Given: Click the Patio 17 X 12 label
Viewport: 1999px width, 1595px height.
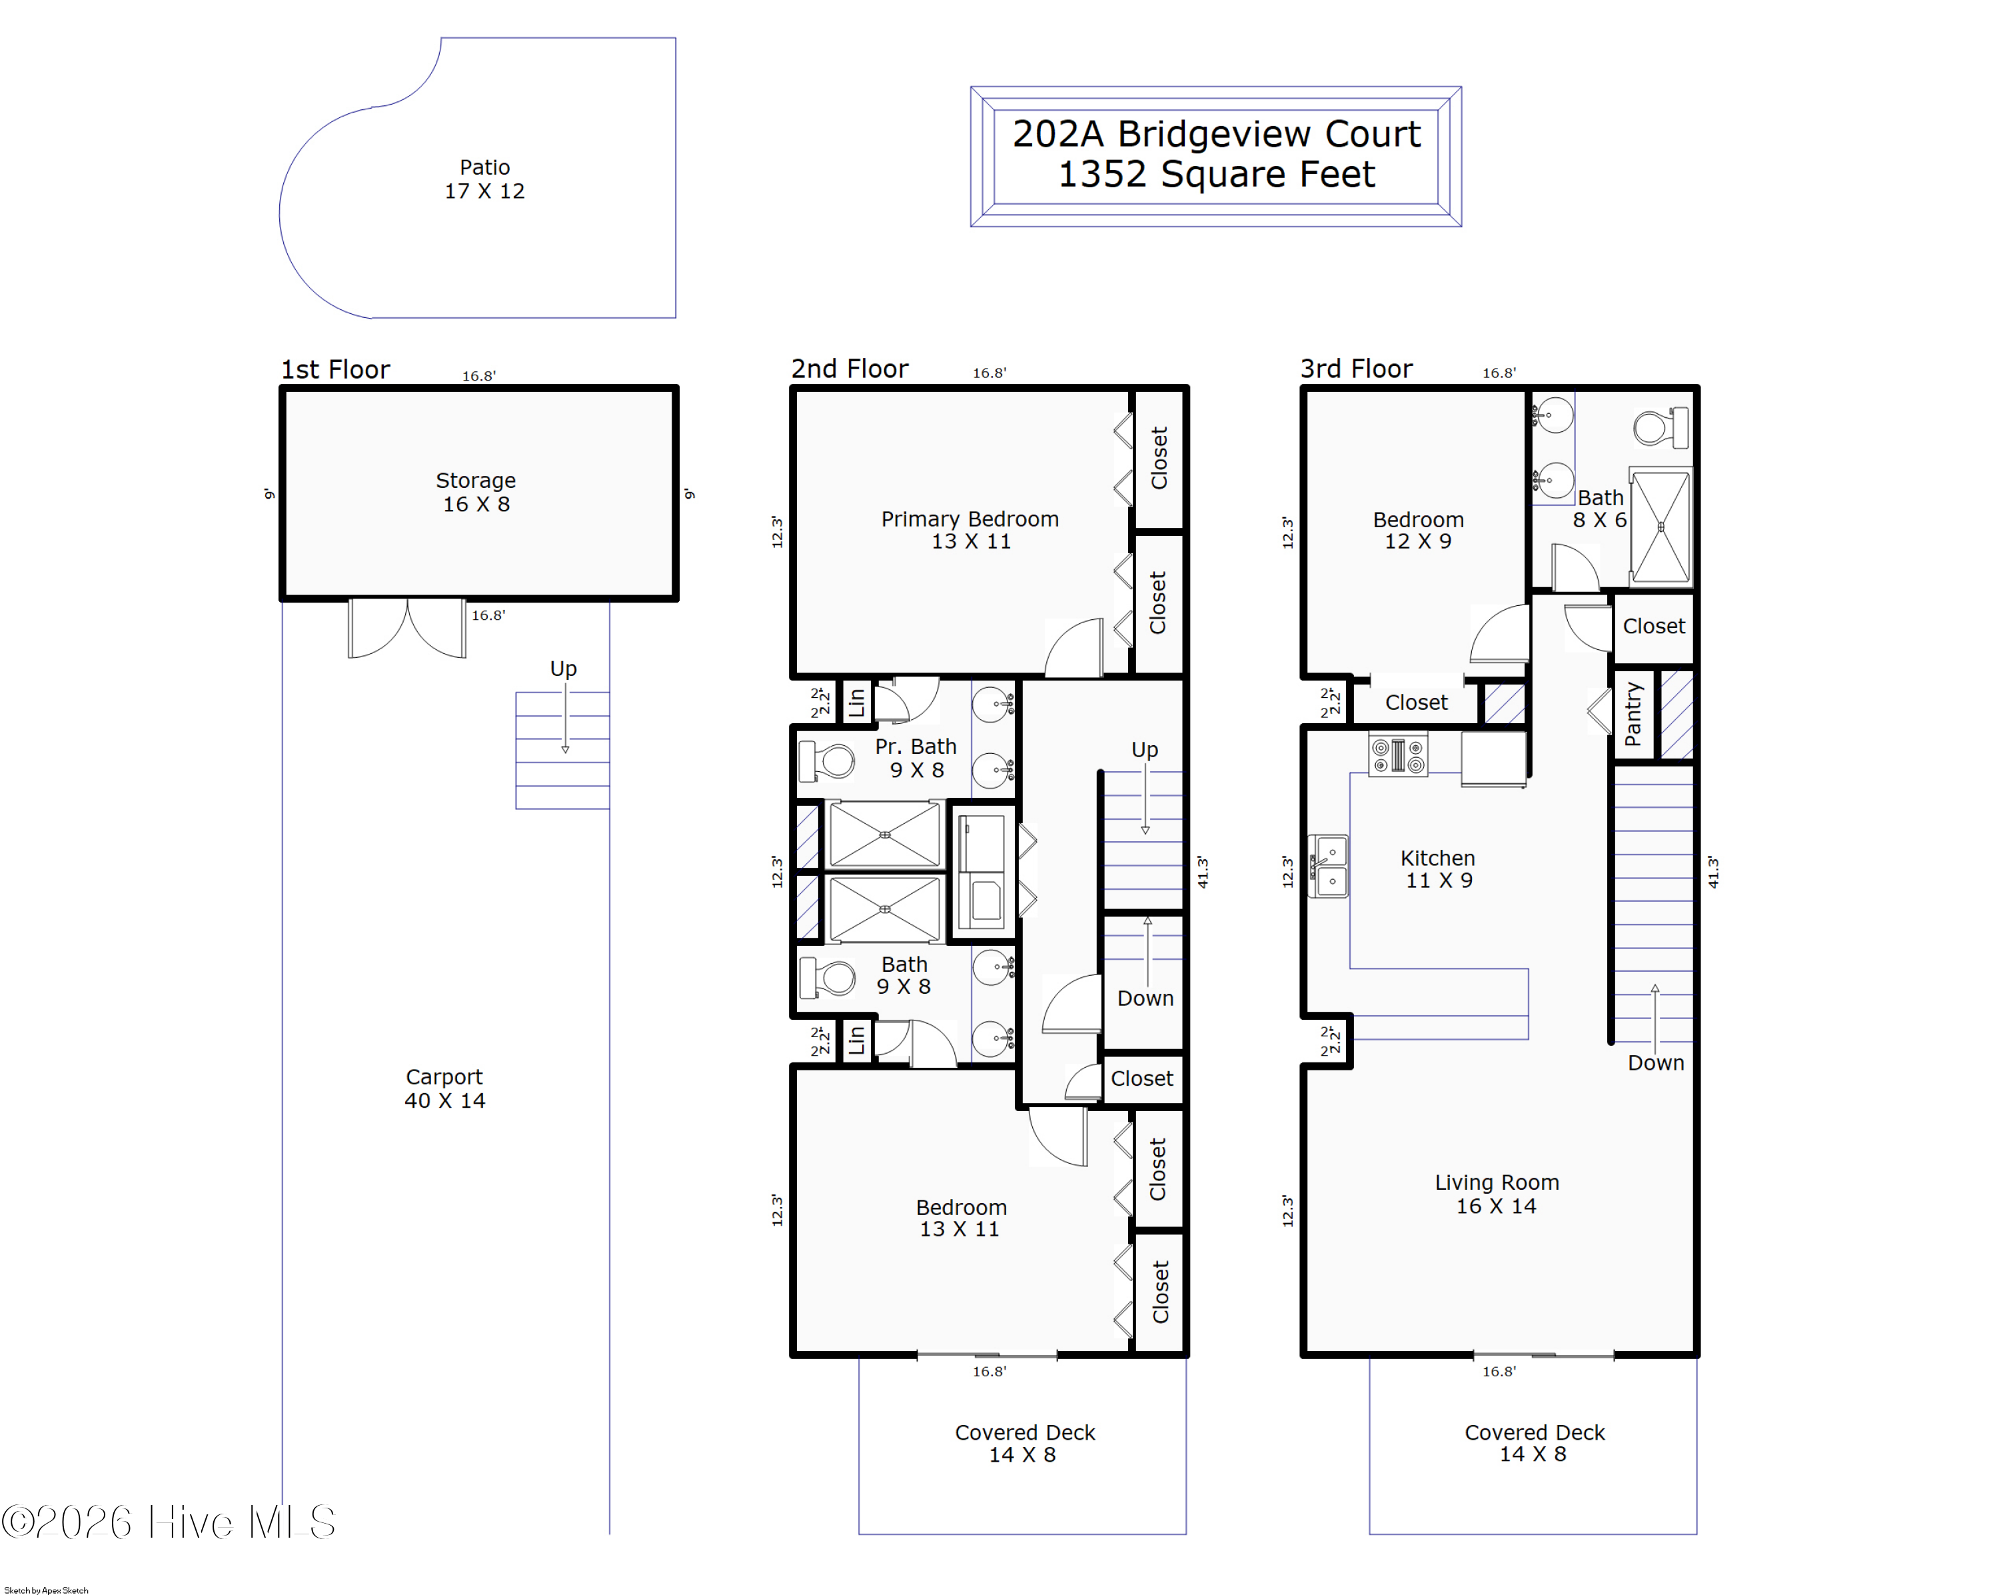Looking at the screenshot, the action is point(484,179).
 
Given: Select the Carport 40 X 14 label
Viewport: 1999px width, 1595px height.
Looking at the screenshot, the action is point(444,1088).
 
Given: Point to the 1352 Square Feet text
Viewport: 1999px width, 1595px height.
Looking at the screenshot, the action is point(1217,175).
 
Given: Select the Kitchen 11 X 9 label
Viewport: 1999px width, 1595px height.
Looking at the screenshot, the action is point(1438,869).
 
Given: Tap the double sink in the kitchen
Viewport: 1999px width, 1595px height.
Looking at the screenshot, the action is point(1328,866).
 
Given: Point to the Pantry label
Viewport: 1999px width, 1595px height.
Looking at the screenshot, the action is point(1633,714).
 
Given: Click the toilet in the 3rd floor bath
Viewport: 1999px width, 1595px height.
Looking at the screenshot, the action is point(1661,427).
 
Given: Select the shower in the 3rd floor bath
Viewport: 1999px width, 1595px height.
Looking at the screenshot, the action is point(1661,527).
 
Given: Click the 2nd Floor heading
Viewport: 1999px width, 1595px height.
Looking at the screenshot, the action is point(850,369).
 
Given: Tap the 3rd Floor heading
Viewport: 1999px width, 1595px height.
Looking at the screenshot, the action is point(1357,369).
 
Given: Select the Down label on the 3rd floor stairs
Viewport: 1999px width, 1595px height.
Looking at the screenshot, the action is point(1656,1062).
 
